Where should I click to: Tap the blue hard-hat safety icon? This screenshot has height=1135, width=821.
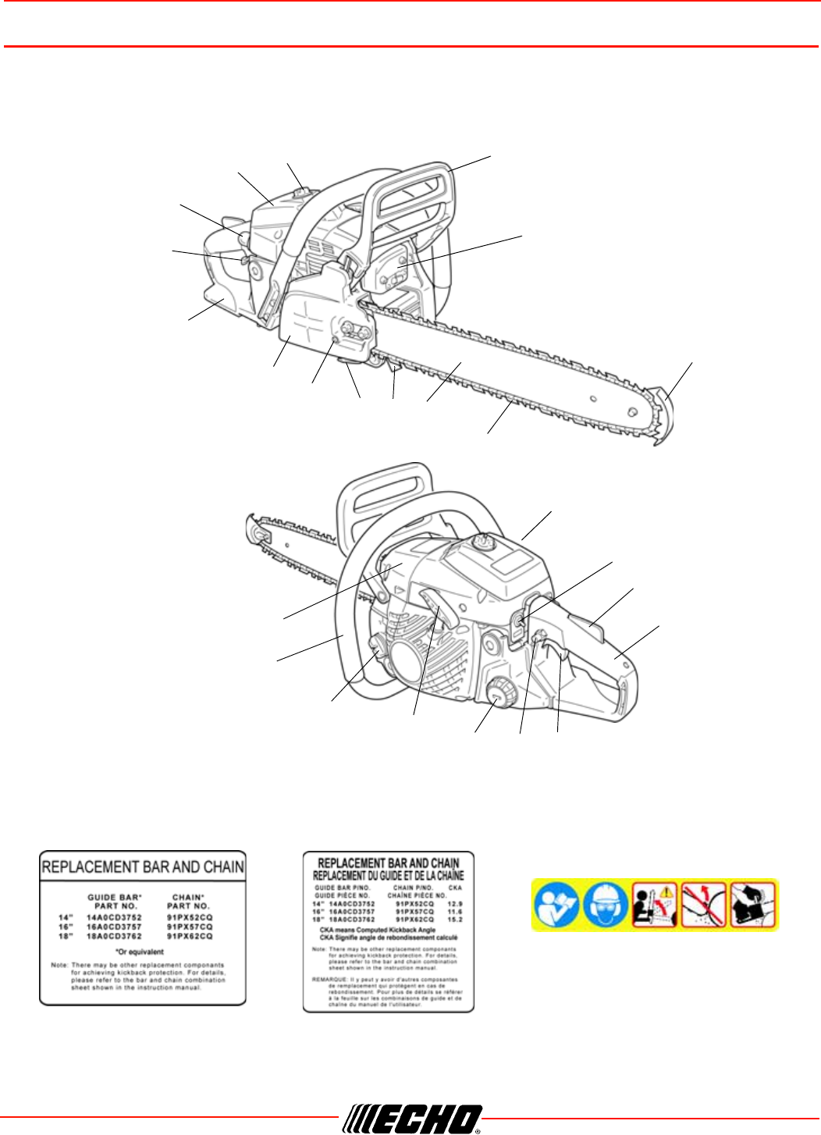coord(606,905)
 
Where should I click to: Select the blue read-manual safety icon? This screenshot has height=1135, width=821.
coord(556,905)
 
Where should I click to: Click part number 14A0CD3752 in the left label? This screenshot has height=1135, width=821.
coord(114,917)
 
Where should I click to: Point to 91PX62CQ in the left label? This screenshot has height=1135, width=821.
coord(190,936)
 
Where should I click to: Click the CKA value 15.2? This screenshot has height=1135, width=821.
coord(455,920)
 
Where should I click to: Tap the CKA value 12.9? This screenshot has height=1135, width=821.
coord(455,903)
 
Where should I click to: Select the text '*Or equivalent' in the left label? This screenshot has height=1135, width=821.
coord(140,952)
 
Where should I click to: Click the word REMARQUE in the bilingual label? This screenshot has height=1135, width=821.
coord(330,979)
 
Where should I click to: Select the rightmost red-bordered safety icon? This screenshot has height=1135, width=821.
coord(753,905)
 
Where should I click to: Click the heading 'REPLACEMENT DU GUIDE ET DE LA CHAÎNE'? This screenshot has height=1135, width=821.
coord(388,876)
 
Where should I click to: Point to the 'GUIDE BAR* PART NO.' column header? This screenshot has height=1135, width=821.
coord(114,902)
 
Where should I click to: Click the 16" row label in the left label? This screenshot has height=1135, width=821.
coord(65,927)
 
